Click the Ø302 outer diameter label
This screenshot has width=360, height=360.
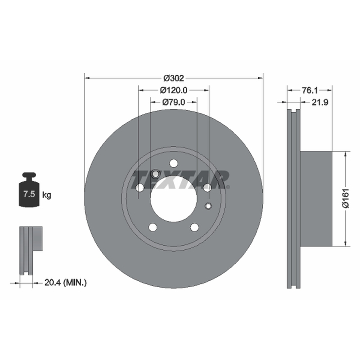(174, 78)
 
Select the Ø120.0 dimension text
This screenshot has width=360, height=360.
(174, 90)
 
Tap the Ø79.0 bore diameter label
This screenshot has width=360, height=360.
(174, 102)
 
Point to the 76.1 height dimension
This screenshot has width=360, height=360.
(310, 90)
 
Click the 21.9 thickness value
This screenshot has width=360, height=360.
(320, 103)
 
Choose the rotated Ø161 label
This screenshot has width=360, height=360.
(346, 198)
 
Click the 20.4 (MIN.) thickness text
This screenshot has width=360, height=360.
(65, 283)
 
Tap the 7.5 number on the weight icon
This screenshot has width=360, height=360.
(29, 194)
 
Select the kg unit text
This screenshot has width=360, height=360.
(47, 195)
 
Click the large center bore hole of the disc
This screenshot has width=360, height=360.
(174, 199)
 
